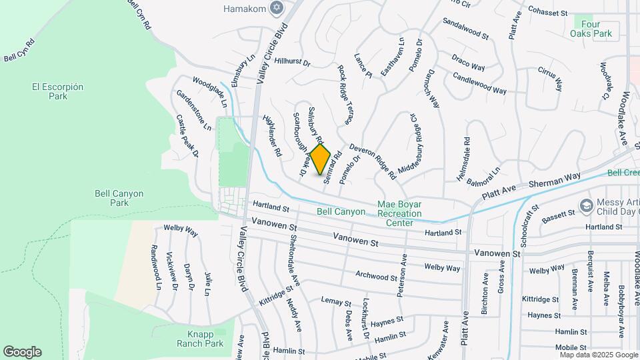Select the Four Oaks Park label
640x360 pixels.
point(591,28)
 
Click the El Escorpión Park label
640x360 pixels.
point(58,91)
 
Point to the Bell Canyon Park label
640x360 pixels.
point(119,198)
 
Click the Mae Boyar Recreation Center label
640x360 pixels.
point(400,213)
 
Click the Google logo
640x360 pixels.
point(22,352)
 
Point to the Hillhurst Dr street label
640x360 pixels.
point(292,62)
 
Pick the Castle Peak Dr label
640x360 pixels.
point(187,135)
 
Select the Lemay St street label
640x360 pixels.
point(336,302)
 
